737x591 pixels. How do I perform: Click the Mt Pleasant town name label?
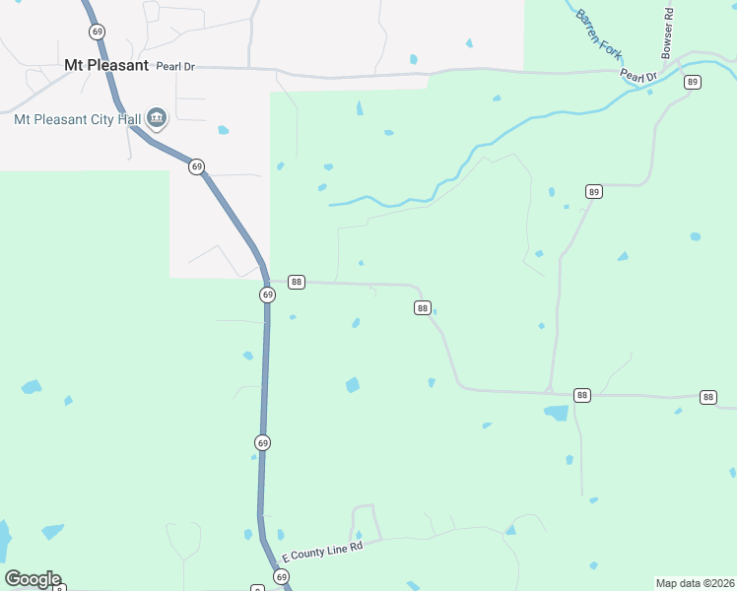[x=105, y=66]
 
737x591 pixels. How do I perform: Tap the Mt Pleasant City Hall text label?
[x=77, y=120]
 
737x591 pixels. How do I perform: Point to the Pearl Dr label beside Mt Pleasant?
[x=175, y=66]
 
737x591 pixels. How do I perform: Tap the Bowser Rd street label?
[x=668, y=33]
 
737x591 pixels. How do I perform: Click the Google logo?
[x=33, y=579]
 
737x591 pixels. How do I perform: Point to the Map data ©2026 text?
[x=695, y=583]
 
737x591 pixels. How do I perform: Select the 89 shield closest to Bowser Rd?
[x=693, y=82]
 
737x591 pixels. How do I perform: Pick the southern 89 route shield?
[x=593, y=191]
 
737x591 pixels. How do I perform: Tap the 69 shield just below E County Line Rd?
[x=282, y=576]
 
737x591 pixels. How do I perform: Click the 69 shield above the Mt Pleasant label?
[x=97, y=32]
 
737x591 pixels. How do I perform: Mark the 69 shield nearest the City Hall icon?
[x=197, y=166]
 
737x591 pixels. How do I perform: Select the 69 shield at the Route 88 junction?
[x=267, y=295]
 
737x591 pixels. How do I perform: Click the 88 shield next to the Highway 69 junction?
[x=296, y=283]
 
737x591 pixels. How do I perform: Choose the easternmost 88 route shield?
[x=707, y=397]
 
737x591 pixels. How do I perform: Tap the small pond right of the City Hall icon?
[x=224, y=130]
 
